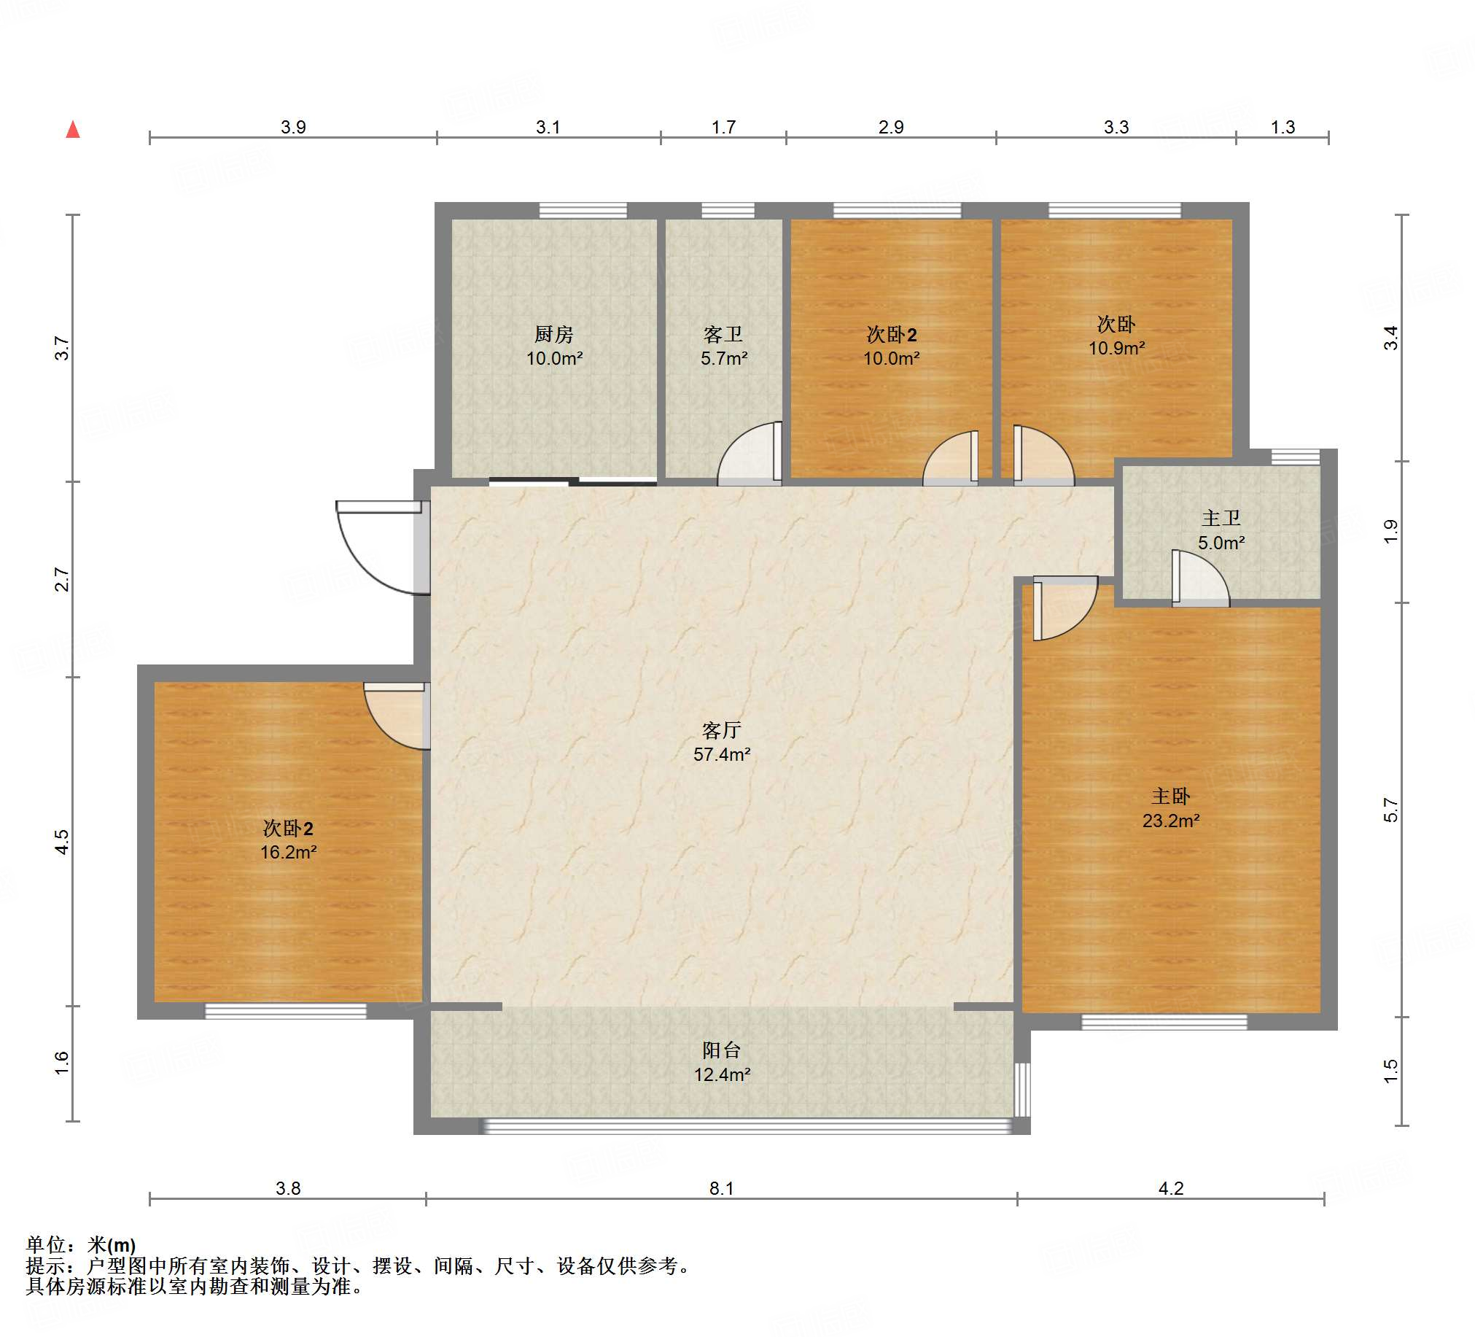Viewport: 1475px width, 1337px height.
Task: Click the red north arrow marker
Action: coord(72,131)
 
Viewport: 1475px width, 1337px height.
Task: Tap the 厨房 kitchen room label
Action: coord(554,335)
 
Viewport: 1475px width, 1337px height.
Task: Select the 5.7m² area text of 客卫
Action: coord(723,359)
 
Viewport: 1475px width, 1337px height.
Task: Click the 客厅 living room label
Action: coord(721,730)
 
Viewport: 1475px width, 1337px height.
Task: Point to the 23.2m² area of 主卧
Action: coord(1171,821)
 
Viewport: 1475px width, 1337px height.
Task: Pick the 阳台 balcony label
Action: coord(721,1050)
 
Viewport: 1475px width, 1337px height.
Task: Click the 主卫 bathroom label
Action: coord(1221,518)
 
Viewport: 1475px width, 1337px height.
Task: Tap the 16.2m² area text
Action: coord(288,853)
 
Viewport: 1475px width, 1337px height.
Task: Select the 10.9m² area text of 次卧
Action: coord(1116,349)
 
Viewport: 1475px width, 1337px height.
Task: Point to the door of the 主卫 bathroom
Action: coord(1200,578)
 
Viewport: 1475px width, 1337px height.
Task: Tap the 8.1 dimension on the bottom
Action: coord(721,1188)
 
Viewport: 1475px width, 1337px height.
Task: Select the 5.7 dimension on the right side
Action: coord(1391,810)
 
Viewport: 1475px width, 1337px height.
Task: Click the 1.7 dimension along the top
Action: coord(723,128)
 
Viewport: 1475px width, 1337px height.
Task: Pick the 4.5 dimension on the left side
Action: coord(62,842)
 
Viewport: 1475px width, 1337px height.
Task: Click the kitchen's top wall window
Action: coord(583,211)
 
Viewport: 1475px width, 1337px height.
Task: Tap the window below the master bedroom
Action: coord(1164,1023)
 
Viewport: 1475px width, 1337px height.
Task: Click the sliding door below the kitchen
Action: coord(572,481)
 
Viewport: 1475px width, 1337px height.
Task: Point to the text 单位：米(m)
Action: coord(80,1245)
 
